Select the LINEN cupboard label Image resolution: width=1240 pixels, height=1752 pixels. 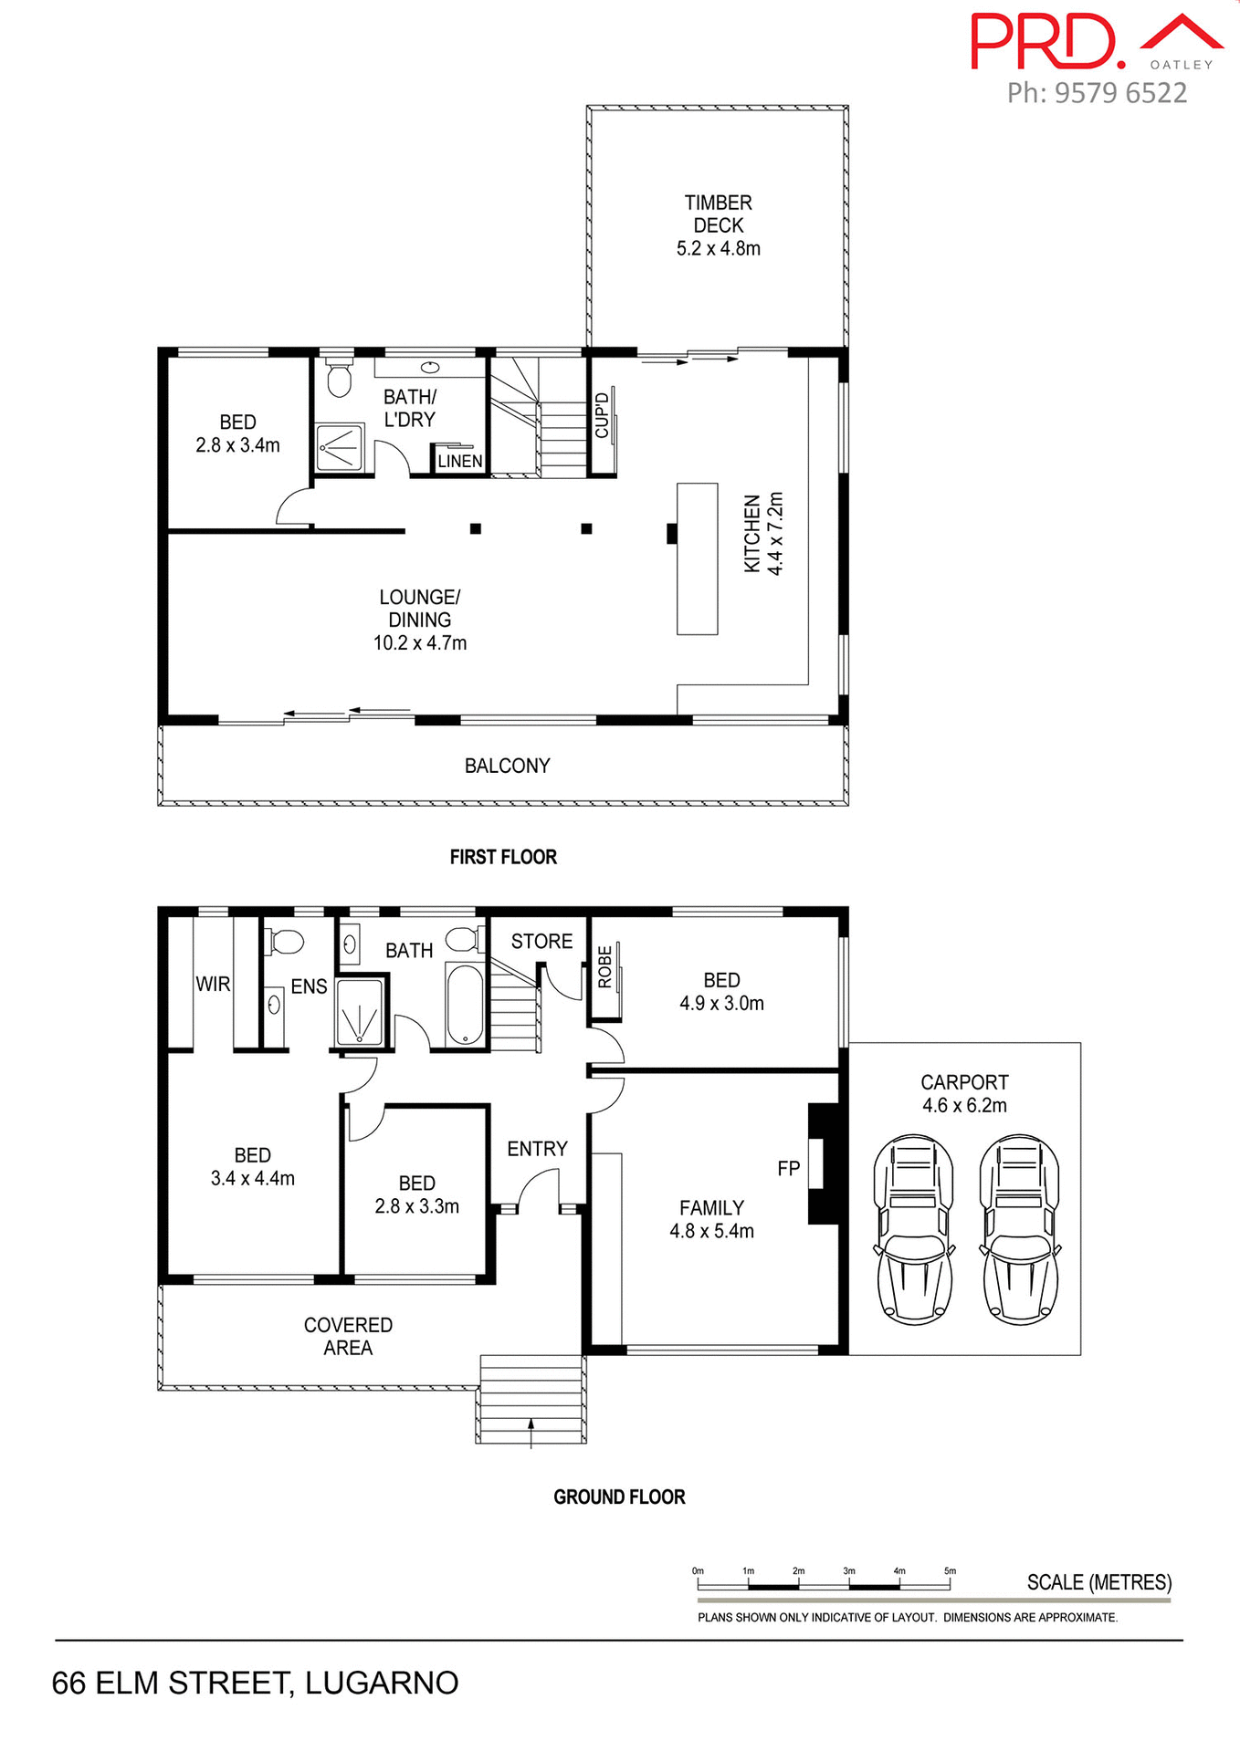point(459,461)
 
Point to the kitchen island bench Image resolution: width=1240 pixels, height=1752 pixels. point(697,558)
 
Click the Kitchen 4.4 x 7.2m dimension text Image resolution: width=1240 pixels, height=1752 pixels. point(775,534)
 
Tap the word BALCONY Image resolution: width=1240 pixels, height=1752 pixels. point(507,766)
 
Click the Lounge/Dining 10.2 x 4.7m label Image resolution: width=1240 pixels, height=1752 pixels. point(420,620)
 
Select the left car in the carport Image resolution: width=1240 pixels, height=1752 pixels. point(914,1230)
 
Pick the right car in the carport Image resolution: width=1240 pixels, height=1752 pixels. point(1020,1230)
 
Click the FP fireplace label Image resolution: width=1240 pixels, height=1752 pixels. point(788,1168)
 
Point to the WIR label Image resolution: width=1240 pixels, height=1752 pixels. point(213,984)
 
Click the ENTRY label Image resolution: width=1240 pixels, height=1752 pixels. point(537,1149)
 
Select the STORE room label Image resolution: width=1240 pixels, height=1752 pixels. point(541,941)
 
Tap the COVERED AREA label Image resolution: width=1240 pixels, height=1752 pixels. point(348,1336)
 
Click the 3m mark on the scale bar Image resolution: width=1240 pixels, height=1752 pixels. point(849,1571)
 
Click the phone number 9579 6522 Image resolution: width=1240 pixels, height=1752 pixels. point(1120,93)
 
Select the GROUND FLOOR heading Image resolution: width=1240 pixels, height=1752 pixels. point(619,1496)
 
